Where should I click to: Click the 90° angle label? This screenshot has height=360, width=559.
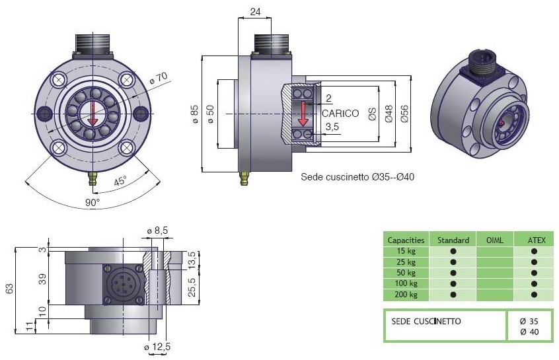93,201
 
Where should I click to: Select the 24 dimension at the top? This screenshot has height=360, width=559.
255,11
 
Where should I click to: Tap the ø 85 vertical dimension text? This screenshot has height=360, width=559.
194,114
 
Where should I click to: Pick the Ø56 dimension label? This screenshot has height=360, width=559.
405,114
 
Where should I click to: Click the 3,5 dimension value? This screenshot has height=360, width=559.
332,126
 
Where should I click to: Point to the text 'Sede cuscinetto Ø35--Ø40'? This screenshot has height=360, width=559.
357,177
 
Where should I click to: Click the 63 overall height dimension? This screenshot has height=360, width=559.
9,289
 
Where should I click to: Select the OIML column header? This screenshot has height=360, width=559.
494,240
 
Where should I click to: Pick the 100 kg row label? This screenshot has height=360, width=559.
402,283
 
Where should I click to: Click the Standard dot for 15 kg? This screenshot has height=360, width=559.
453,251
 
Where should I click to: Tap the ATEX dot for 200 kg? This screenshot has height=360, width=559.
533,295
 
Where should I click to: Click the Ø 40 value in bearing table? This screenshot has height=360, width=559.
529,332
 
